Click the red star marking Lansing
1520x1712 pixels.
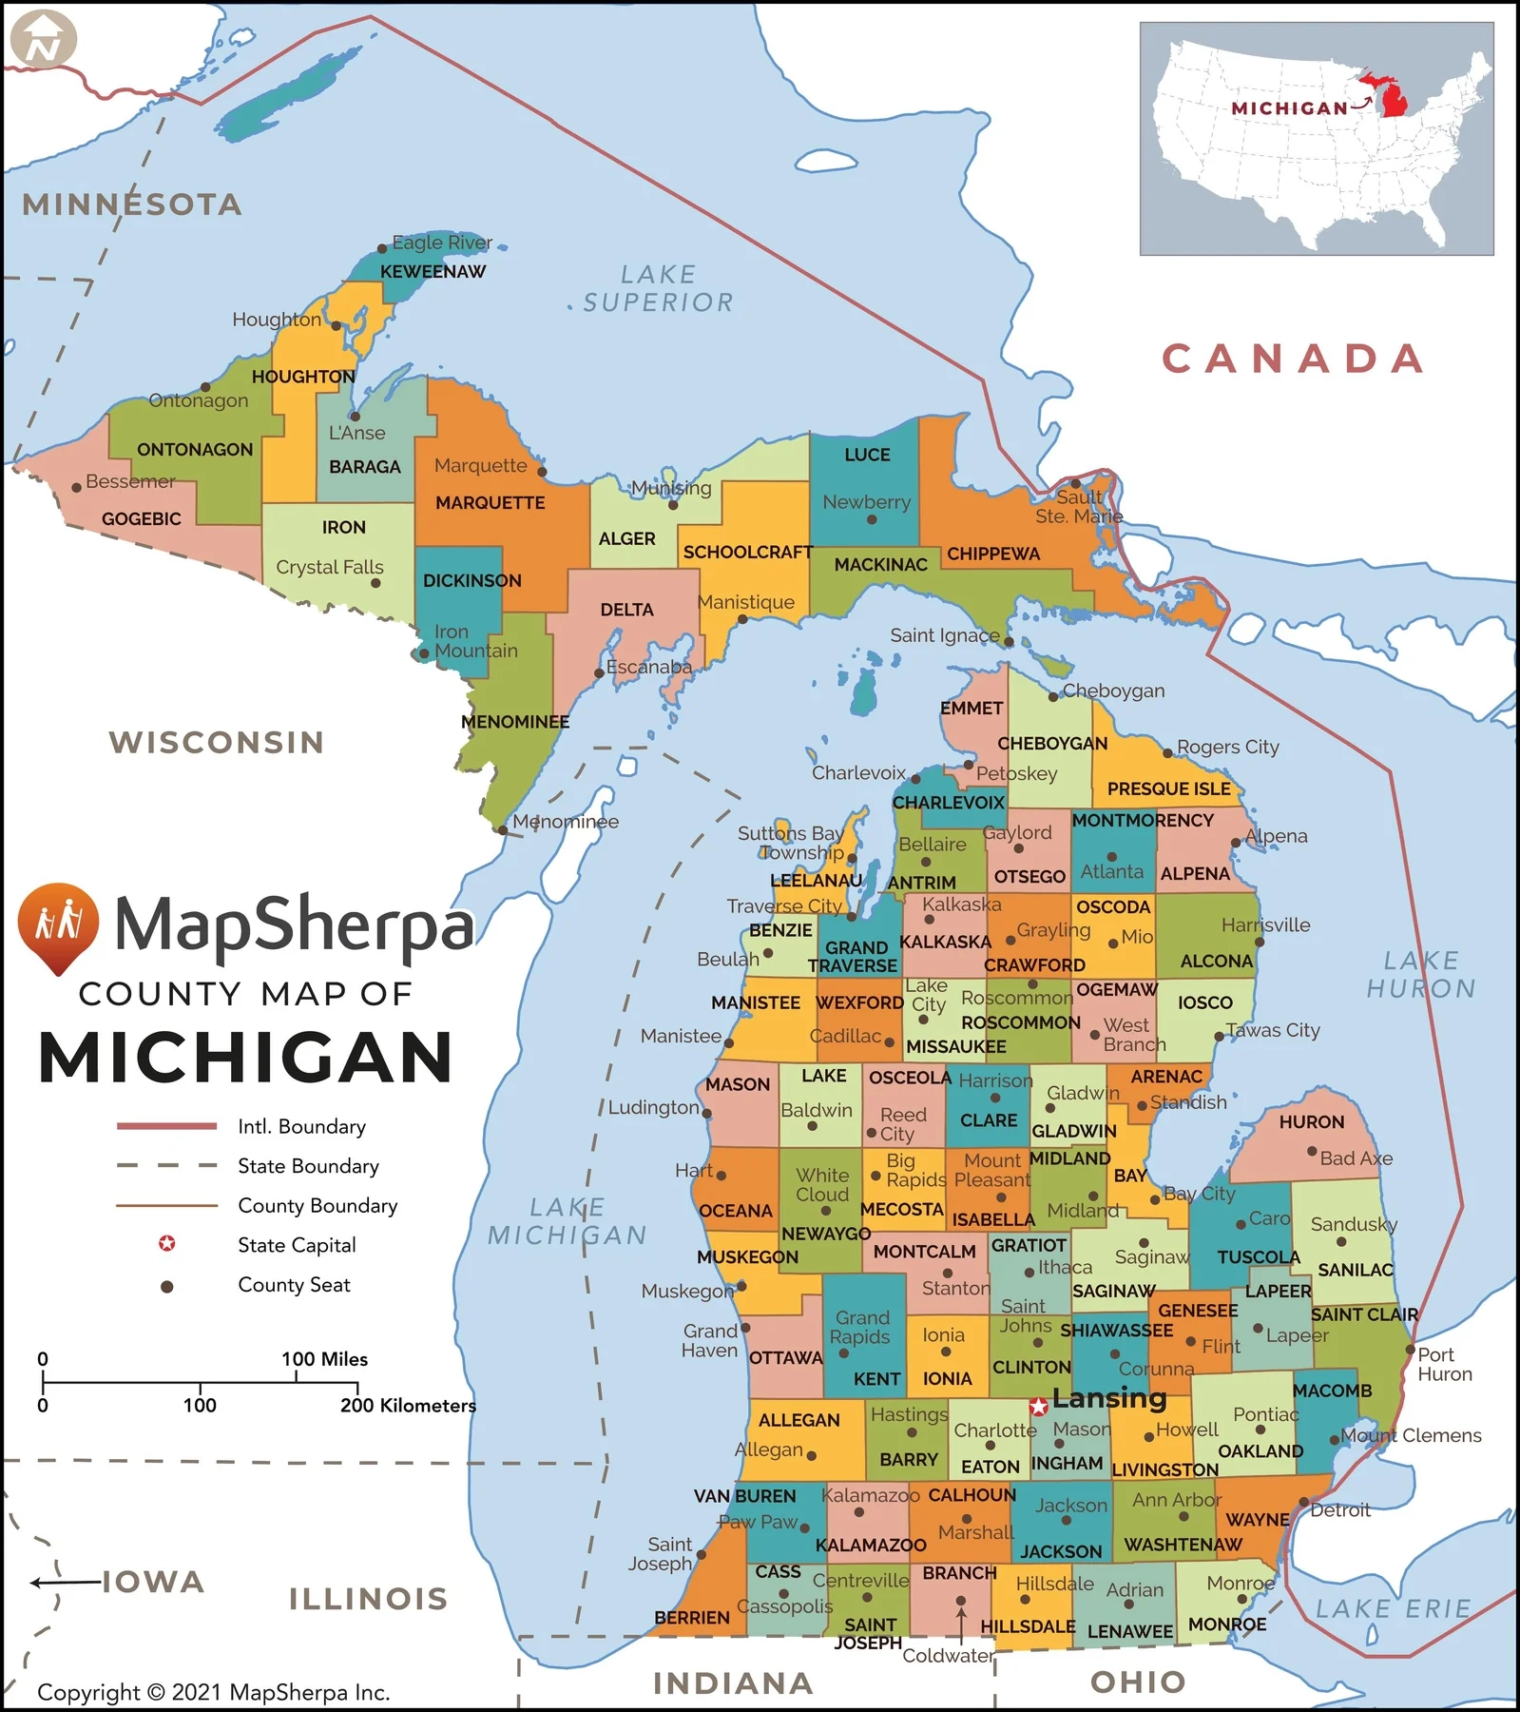[x=1039, y=1406]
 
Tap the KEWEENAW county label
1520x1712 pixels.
[x=433, y=272]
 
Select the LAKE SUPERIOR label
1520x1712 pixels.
[x=658, y=288]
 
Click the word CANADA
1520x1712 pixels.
[x=1294, y=359]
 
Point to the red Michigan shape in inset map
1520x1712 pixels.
[x=1391, y=95]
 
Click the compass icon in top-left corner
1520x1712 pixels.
[x=43, y=40]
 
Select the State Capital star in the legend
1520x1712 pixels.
[x=166, y=1244]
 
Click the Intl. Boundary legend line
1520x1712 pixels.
[x=166, y=1126]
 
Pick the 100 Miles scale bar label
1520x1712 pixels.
[x=324, y=1359]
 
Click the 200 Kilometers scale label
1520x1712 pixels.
[x=408, y=1405]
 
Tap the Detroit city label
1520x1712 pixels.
[x=1340, y=1509]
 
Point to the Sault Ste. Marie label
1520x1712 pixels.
[x=1079, y=507]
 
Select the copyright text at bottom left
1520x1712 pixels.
[x=213, y=1692]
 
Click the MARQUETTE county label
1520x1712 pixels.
[x=491, y=503]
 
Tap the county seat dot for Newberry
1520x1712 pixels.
[x=871, y=520]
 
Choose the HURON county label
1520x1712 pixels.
[x=1311, y=1122]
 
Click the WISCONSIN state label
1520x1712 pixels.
[x=217, y=742]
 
